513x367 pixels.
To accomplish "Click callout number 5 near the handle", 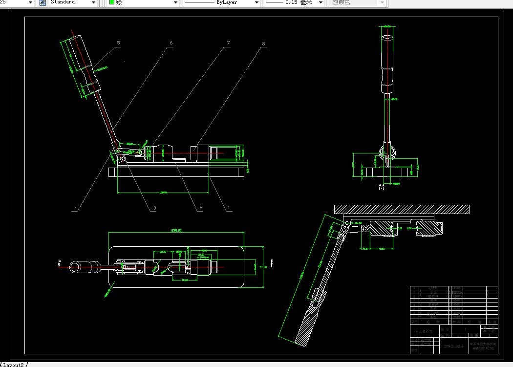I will [x=118, y=43].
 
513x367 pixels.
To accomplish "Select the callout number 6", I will [x=171, y=43].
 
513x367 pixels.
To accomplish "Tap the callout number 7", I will [x=228, y=43].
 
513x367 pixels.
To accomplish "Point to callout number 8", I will [x=264, y=43].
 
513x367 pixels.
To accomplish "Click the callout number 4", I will [x=75, y=209].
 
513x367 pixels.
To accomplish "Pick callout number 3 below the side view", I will [x=154, y=208].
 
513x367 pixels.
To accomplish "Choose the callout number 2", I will [x=200, y=208].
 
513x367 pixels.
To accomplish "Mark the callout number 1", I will [x=228, y=208].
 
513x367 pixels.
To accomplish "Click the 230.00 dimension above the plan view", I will [x=176, y=230].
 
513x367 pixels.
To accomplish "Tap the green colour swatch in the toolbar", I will [x=112, y=2].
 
